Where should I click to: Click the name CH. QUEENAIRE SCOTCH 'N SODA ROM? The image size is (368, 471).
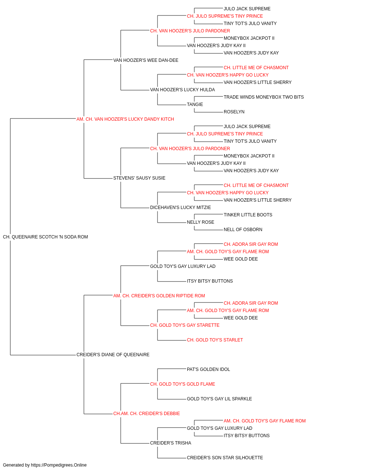click(x=45, y=237)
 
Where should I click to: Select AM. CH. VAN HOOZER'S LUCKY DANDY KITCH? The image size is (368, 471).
click(x=125, y=119)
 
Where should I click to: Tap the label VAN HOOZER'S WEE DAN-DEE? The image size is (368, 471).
click(x=146, y=60)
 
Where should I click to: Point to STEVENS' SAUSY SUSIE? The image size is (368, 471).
click(x=139, y=178)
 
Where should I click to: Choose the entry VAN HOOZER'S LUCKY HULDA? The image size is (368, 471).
click(x=183, y=90)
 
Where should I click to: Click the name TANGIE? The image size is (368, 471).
click(x=195, y=105)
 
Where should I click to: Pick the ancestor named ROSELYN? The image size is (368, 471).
click(x=234, y=112)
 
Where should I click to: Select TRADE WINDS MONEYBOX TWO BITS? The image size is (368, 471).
click(x=263, y=97)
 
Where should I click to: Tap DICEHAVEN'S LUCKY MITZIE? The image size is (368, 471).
click(x=180, y=208)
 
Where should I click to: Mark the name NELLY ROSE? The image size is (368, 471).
click(x=201, y=222)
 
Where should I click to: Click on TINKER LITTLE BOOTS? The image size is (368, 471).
click(x=248, y=215)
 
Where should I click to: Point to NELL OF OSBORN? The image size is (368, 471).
click(x=243, y=230)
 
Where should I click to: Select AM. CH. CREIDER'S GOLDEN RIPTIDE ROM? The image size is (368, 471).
click(x=159, y=296)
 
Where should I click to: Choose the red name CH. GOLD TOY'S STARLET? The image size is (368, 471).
click(x=215, y=340)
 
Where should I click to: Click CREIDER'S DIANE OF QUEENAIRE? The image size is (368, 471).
click(x=113, y=355)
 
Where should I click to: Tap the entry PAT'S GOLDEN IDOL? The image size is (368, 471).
click(x=208, y=369)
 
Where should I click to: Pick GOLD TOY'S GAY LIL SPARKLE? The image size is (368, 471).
click(x=219, y=399)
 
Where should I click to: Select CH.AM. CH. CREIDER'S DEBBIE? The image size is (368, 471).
click(x=146, y=414)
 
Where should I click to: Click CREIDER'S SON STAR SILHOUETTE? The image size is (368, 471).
click(x=225, y=457)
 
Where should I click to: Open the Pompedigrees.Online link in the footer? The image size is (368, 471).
click(x=59, y=465)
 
